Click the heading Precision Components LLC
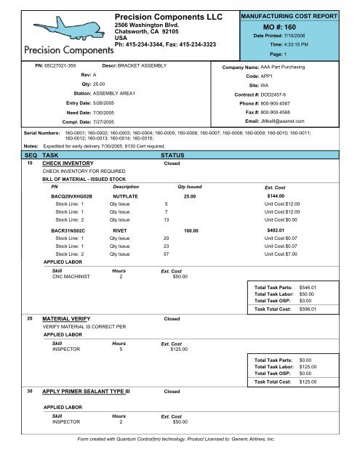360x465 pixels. pos(166,15)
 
